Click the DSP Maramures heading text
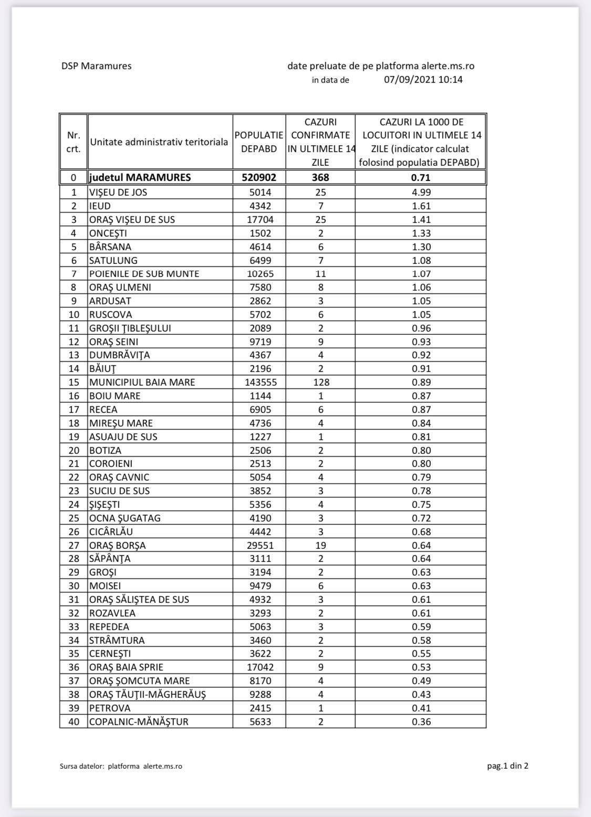pos(96,66)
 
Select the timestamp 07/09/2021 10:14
pos(423,80)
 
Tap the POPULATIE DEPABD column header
pos(259,142)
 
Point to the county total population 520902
pos(259,177)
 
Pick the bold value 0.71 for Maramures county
pos(420,177)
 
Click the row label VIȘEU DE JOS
pos(118,192)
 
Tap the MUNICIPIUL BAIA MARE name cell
pos(142,382)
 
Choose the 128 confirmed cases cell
pos(320,382)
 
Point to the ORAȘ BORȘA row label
pos(118,545)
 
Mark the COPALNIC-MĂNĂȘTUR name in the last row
pos(139,721)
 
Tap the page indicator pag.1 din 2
pos(507,766)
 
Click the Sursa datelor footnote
pos(121,766)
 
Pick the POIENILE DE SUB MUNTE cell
pos(144,273)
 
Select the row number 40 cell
pos(74,721)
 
